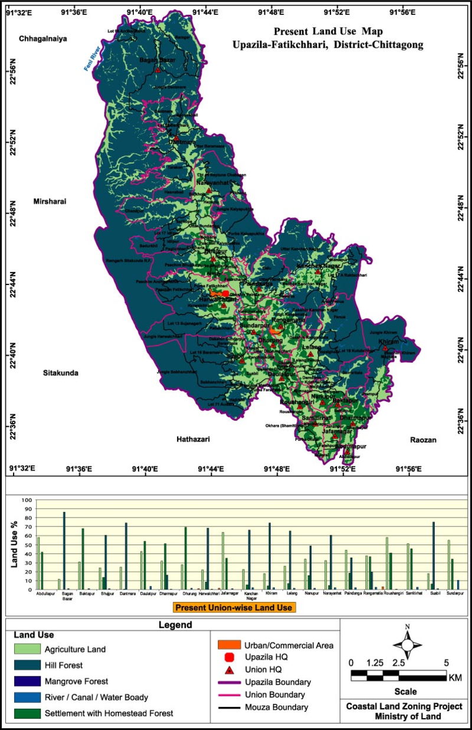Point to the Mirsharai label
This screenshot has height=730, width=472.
pos(50,201)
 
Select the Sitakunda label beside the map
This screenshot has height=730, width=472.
pos(60,373)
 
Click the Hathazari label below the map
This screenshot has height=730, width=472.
pos(193,439)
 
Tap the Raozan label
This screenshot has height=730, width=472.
pos(424,440)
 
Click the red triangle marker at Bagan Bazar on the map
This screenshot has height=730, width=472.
pos(158,70)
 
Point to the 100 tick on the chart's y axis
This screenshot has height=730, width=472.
pos(27,500)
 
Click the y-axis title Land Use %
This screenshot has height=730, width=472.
pos(15,544)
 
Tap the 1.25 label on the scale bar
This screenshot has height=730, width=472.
pos(374,662)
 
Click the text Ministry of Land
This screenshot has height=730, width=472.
pos(404,716)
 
